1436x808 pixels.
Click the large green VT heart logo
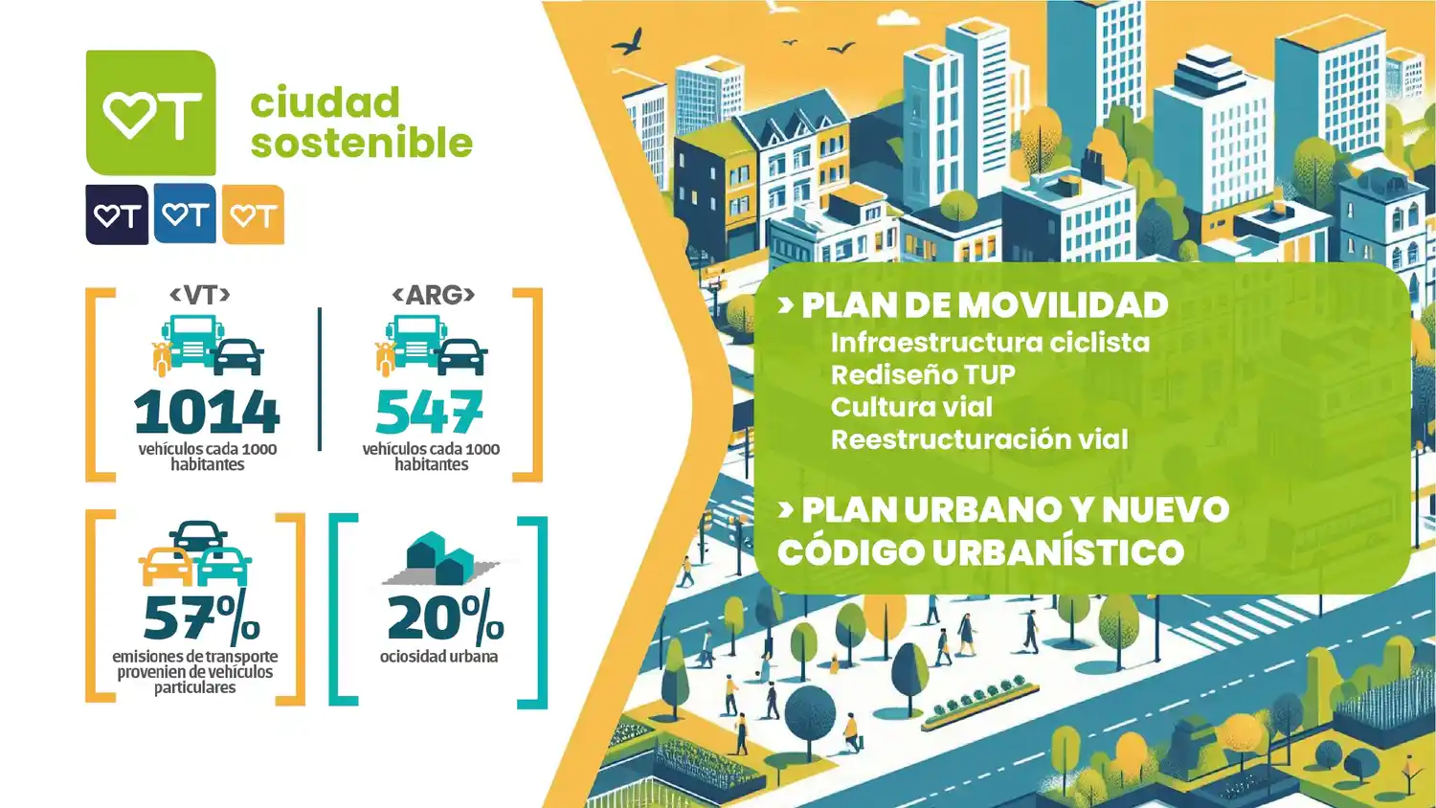(x=151, y=113)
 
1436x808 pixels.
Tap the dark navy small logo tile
(x=117, y=215)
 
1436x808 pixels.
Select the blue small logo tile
(x=185, y=214)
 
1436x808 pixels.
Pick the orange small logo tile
(x=254, y=215)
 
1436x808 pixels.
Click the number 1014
(x=207, y=412)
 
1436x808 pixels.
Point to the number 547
(x=430, y=412)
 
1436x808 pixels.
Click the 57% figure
(x=201, y=617)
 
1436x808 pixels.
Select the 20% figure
(x=445, y=617)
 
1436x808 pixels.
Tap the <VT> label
(x=200, y=295)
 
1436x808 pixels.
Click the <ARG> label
(x=434, y=295)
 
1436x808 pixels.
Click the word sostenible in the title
(x=362, y=143)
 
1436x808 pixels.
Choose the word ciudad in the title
(x=325, y=102)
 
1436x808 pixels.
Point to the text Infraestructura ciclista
(x=990, y=343)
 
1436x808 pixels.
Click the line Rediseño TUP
(x=923, y=375)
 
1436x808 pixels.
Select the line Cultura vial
(x=911, y=407)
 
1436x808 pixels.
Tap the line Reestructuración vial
(x=979, y=439)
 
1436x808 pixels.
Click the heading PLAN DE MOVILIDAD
(x=984, y=305)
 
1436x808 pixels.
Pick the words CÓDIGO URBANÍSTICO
(x=980, y=552)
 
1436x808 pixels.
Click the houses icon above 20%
(x=439, y=559)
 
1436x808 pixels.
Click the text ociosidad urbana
(x=438, y=657)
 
